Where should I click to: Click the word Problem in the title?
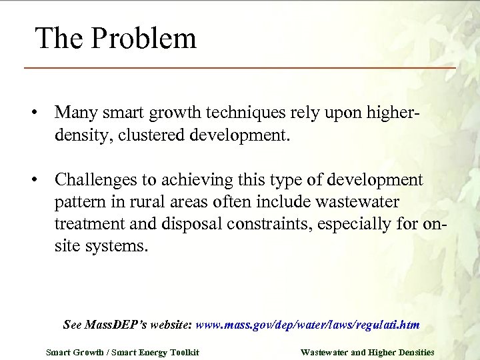144,39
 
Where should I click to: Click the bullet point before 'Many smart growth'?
32,111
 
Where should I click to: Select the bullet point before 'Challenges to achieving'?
32,181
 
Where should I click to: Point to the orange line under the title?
240,68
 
